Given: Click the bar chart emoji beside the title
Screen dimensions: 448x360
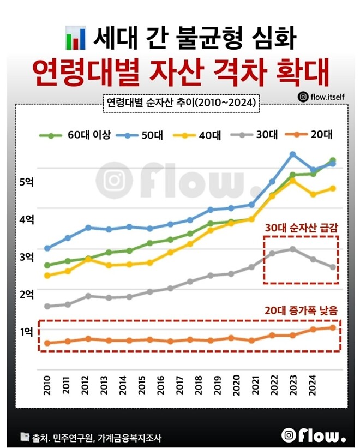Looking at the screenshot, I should [75, 37].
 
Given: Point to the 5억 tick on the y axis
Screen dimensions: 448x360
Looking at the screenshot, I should [26, 182].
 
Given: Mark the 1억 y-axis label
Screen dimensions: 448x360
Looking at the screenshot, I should [26, 331].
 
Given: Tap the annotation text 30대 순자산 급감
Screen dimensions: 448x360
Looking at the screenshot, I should [301, 228].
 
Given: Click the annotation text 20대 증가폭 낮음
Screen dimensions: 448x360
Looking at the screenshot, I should [301, 310].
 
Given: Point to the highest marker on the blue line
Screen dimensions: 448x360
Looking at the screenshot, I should [292, 154].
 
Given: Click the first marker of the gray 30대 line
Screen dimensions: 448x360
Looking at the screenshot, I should [47, 306].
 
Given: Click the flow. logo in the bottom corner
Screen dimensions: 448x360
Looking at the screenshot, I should [314, 435].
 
